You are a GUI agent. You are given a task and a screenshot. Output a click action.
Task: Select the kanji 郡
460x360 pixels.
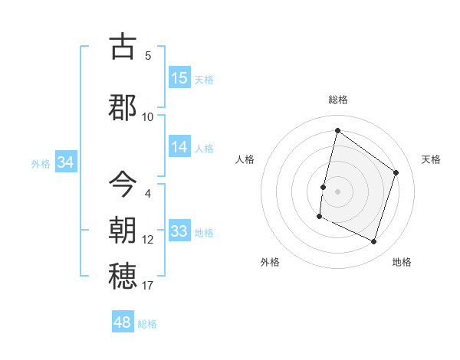(123, 107)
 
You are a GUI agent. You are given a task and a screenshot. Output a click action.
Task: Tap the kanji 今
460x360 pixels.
(123, 184)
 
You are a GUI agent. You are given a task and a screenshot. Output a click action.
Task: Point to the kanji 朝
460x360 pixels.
(123, 230)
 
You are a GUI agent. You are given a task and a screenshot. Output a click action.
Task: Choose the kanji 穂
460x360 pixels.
(123, 276)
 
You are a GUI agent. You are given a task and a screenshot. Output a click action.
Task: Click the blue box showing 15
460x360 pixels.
(179, 78)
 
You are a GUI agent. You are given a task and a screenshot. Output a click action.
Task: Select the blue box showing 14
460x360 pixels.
(179, 147)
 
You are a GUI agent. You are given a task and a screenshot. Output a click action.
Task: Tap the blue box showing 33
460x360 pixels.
(179, 231)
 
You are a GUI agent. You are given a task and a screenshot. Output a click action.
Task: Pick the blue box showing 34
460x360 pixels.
(65, 162)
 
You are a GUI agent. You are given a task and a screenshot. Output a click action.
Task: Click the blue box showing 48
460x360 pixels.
(123, 322)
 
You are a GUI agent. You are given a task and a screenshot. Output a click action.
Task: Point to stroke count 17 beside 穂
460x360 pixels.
(147, 286)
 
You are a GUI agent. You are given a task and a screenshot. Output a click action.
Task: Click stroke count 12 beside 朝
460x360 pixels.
(147, 240)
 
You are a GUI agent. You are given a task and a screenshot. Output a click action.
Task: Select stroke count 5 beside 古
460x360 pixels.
(148, 55)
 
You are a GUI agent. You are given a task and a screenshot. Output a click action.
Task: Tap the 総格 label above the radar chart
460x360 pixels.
(338, 100)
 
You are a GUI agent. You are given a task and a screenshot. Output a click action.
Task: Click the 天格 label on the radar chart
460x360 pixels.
(431, 159)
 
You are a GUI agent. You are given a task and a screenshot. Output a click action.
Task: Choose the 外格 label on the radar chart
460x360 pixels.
(270, 262)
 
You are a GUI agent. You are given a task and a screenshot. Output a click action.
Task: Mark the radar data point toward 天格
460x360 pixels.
(396, 172)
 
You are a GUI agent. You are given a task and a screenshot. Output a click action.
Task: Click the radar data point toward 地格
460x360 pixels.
(374, 242)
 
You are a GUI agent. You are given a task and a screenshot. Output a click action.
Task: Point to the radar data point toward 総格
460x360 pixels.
(337, 131)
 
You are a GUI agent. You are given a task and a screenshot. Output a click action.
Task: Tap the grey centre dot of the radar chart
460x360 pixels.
(337, 191)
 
